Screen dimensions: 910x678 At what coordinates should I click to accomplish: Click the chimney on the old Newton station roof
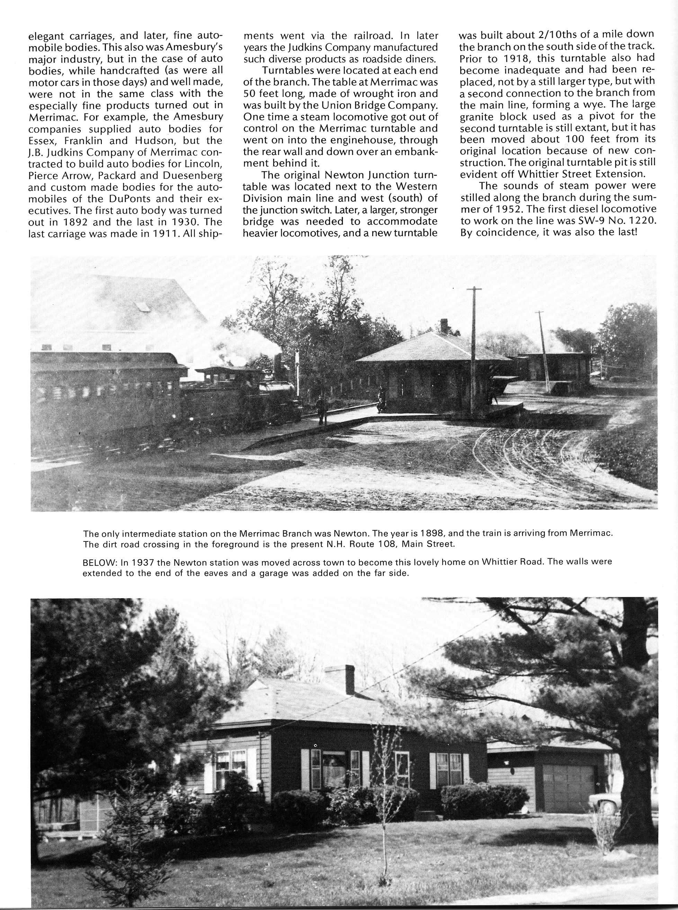point(444,326)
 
